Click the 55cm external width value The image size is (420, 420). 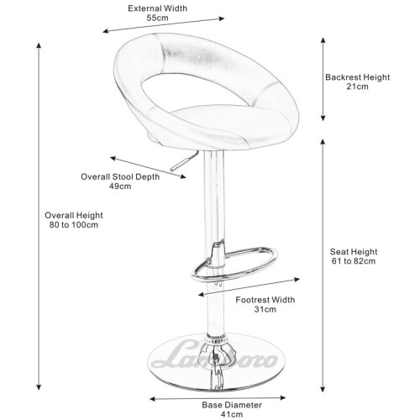tap(157, 18)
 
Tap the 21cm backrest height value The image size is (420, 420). tap(357, 87)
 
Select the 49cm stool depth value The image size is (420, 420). tap(120, 186)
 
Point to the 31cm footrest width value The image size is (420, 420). tap(265, 309)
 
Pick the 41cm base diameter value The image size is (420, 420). tap(232, 414)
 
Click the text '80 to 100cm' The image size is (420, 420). tap(74, 225)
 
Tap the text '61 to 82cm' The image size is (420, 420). tap(354, 261)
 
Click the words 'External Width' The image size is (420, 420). tap(157, 8)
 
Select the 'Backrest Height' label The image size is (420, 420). tap(357, 77)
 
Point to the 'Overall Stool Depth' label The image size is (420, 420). tap(120, 177)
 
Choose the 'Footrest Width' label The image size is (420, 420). tap(265, 300)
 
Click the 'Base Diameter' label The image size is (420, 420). tap(232, 405)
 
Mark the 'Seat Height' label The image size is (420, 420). tap(354, 252)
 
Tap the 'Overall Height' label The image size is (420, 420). tap(74, 216)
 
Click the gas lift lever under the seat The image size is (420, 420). tap(184, 161)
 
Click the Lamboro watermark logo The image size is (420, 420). tap(214, 355)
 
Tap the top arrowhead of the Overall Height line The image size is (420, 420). tap(39, 46)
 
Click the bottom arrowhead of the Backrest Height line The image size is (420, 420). tap(323, 118)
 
